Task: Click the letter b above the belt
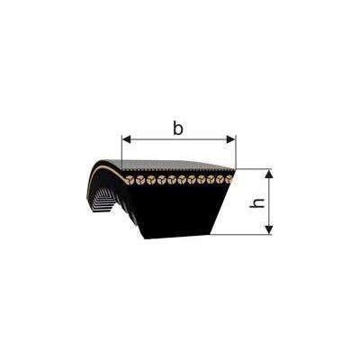click(x=178, y=129)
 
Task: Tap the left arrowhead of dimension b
click(x=128, y=139)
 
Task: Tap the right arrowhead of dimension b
click(x=229, y=139)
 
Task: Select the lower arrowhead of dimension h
click(x=269, y=229)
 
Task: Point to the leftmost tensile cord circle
click(x=130, y=180)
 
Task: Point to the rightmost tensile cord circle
click(x=229, y=180)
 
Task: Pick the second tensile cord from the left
click(x=140, y=180)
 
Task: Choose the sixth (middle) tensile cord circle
click(x=182, y=180)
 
